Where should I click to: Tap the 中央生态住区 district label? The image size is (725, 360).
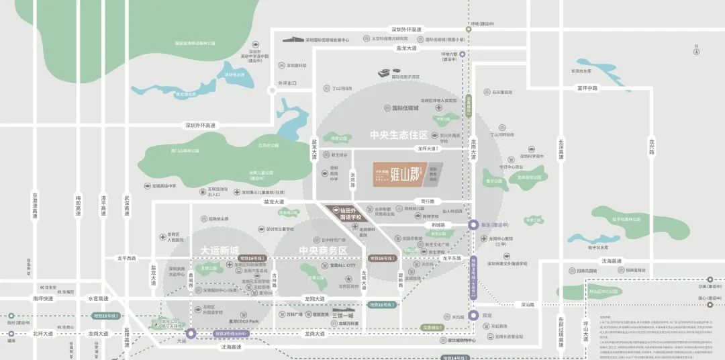399,135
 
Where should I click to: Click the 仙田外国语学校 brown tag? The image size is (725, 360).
348,213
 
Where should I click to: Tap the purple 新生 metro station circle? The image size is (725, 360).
475,226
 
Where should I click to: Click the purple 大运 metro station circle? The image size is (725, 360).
191,332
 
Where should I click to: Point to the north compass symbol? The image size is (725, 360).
697,50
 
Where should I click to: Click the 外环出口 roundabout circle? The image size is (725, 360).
273,92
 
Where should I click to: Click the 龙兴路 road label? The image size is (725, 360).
651,146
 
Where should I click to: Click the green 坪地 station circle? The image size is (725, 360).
469,30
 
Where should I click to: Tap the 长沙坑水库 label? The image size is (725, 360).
581,70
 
